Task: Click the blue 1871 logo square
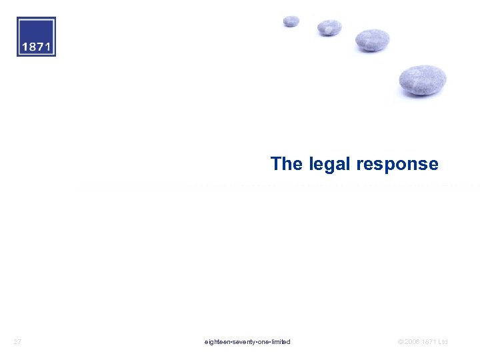[x=37, y=37]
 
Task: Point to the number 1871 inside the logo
[x=37, y=47]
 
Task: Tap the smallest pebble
[x=291, y=21]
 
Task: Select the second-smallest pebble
[x=329, y=27]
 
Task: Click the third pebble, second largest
[x=372, y=40]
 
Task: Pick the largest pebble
[x=423, y=80]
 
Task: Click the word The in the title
[x=286, y=164]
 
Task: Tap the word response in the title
[x=397, y=165]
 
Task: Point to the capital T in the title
[x=276, y=164]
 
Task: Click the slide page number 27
[x=18, y=342]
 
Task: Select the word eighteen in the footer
[x=217, y=342]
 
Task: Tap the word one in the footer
[x=263, y=342]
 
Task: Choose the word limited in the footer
[x=281, y=342]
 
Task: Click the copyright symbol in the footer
[x=400, y=342]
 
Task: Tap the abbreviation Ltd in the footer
[x=443, y=342]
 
